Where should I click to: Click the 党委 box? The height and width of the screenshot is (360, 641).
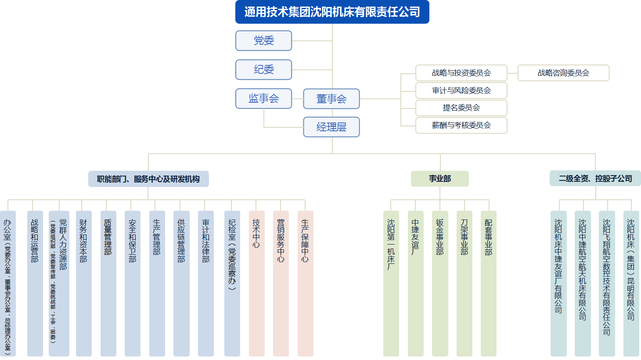pos(263,41)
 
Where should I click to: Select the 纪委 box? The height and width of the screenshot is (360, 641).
pos(263,70)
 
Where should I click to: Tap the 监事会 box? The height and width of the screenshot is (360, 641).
pos(263,99)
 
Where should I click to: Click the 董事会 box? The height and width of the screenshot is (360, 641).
pos(331,99)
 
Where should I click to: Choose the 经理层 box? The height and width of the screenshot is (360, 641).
pos(331,127)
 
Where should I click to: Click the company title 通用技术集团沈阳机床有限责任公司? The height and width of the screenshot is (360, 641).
pos(332,12)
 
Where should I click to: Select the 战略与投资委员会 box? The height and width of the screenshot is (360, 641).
pos(461,73)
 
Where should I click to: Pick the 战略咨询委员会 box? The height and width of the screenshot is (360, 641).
pos(563,73)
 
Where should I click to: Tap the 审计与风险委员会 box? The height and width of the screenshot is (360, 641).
pos(461,90)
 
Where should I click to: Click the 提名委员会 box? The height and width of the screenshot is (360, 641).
pos(461,108)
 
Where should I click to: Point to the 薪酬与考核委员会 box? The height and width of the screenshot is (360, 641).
pos(461,125)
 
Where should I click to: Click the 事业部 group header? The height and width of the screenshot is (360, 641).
pos(439,179)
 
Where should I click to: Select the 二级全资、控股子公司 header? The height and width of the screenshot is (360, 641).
pos(595,179)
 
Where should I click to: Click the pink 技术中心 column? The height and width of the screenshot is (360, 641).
pos(256,283)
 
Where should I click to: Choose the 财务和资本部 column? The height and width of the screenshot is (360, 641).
pos(83,283)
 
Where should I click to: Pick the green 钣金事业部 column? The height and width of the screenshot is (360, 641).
pos(440,283)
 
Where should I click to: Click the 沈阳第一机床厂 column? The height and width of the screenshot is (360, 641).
pos(391,283)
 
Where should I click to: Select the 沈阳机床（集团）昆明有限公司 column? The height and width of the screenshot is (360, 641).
pos(631,283)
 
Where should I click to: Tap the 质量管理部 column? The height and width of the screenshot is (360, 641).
pos(108,283)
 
